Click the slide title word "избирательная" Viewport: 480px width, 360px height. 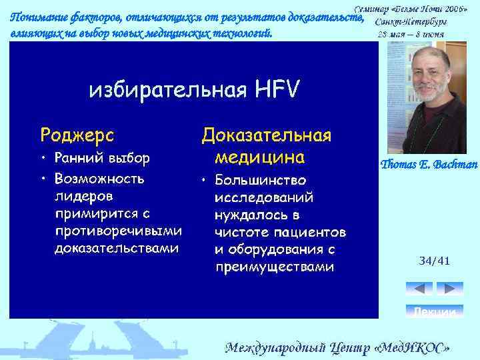tap(167, 89)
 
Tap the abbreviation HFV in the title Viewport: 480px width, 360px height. tap(276, 89)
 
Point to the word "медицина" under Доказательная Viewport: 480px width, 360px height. tap(259, 157)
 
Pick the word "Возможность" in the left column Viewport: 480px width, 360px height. tap(101, 179)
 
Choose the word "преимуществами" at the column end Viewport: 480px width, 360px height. tap(273, 267)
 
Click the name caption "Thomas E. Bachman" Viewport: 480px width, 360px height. tap(429, 164)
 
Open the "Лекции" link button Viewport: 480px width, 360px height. tap(434, 312)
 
